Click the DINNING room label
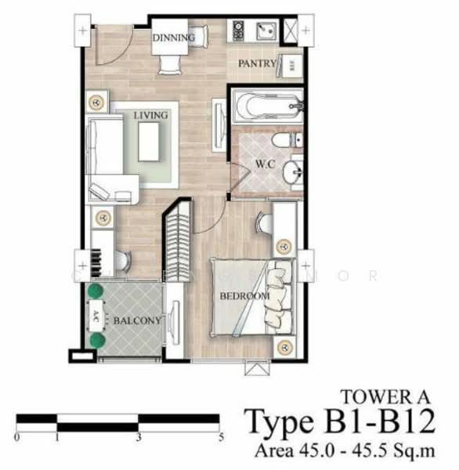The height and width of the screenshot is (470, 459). click(173, 37)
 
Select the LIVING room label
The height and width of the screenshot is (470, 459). click(150, 116)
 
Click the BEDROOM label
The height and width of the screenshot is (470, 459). click(244, 296)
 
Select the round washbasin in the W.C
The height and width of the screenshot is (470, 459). click(295, 173)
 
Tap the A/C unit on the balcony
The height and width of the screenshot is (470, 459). click(96, 316)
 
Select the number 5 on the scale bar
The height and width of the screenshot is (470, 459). click(222, 436)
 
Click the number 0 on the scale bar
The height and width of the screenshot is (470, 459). click(16, 436)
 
